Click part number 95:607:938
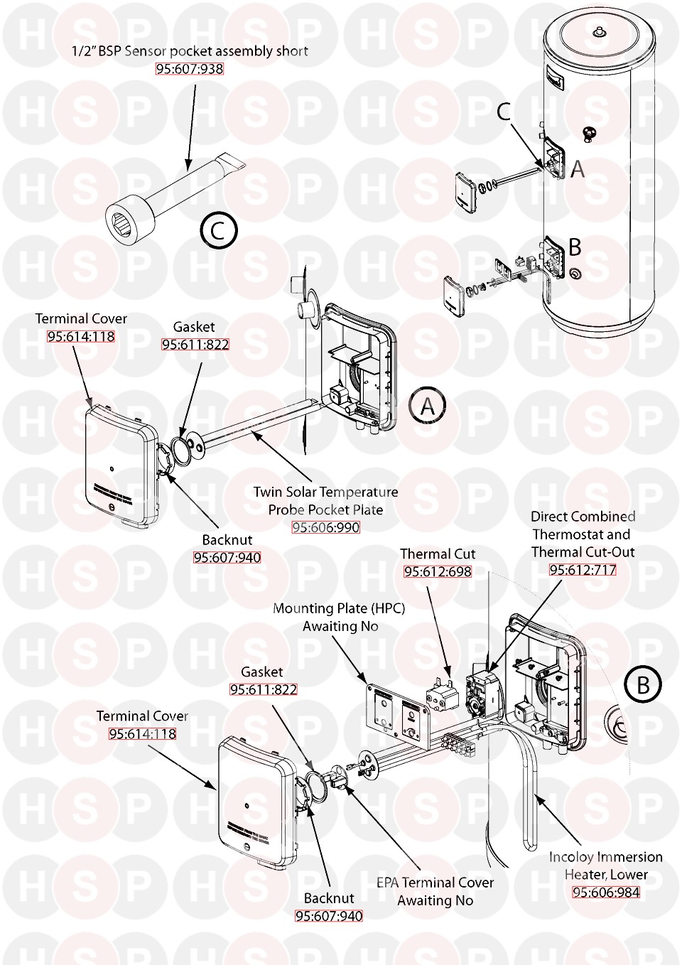[x=190, y=69]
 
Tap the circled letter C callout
[x=218, y=230]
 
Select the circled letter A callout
[x=428, y=406]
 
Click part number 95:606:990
[x=326, y=527]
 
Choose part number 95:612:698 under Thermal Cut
[x=438, y=571]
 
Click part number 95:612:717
[x=583, y=569]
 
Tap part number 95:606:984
[x=606, y=893]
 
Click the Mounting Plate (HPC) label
[x=339, y=617]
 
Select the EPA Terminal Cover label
[x=435, y=891]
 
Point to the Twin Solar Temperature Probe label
[x=326, y=500]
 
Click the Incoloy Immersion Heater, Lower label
[x=606, y=866]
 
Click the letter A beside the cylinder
[x=578, y=169]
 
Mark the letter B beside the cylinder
[x=575, y=247]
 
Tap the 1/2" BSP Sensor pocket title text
[x=190, y=51]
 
